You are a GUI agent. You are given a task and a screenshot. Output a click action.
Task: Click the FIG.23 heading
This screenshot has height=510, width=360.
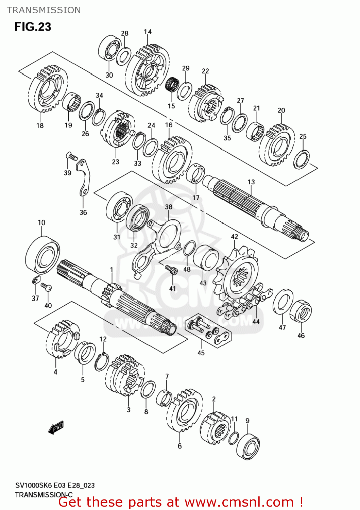point(33,27)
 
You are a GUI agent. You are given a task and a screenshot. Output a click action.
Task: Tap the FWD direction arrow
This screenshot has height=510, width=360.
point(56,427)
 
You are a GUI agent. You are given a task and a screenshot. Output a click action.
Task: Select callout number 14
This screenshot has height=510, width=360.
point(148,32)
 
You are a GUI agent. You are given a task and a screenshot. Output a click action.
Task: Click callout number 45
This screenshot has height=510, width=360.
point(201,353)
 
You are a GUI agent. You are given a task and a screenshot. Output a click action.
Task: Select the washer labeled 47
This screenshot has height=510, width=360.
point(283,302)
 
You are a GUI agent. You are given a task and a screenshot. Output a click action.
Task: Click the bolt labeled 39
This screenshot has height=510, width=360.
point(71,156)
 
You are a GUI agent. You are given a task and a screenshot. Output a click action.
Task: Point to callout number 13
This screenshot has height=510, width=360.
point(251,182)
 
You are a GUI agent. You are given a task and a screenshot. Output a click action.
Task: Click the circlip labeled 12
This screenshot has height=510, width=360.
point(102,362)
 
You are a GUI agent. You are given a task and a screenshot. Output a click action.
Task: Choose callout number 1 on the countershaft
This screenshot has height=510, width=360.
point(112,270)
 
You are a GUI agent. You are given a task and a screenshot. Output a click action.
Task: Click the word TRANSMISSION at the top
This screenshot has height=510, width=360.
point(44,10)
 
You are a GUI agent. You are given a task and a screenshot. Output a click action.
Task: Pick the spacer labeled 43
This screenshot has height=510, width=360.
point(206,259)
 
